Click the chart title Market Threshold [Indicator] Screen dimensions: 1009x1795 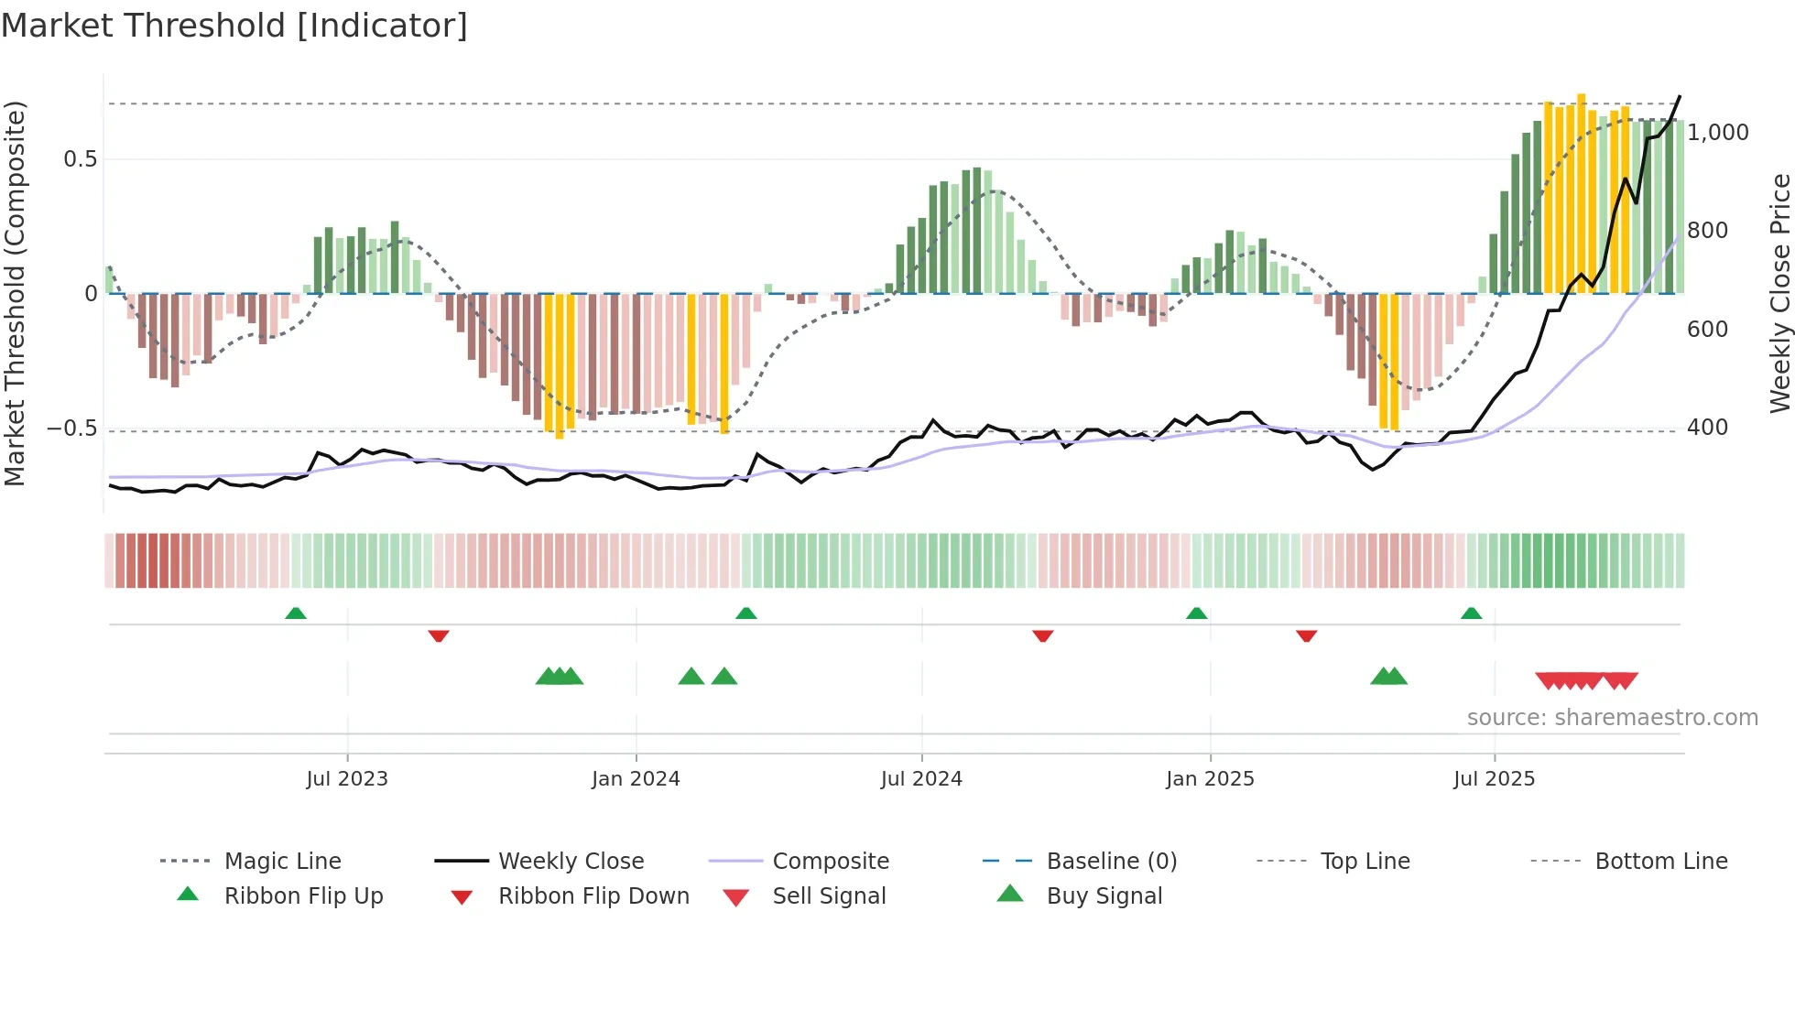click(x=234, y=26)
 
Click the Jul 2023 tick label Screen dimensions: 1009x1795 click(x=347, y=778)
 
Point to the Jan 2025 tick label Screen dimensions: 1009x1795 click(x=1210, y=778)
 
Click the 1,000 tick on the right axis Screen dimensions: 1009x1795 click(x=1717, y=133)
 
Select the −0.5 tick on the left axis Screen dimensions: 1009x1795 click(x=72, y=429)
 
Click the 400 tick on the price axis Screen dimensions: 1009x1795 click(x=1706, y=428)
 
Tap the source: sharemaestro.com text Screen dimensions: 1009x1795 click(x=1612, y=717)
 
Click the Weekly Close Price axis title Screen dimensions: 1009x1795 click(x=1779, y=293)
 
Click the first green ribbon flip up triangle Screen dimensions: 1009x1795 click(x=296, y=613)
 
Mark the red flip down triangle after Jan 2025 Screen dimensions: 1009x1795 click(x=1306, y=635)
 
